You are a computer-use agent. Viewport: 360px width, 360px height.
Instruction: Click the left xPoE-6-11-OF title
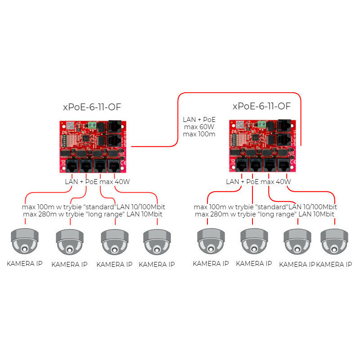(92, 107)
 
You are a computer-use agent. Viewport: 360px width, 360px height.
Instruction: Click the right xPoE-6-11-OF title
(261, 106)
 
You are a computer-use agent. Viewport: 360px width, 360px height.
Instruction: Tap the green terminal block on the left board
(92, 125)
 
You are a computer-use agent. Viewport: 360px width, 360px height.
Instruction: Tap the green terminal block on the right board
(262, 124)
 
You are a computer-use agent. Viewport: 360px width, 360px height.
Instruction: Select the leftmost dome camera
(25, 241)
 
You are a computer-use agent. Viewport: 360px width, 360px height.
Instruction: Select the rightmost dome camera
(334, 241)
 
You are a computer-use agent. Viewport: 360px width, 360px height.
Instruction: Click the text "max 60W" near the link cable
(199, 127)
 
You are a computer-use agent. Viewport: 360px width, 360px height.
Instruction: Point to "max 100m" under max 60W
(199, 134)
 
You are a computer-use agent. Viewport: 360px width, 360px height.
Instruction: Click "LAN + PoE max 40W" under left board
(97, 182)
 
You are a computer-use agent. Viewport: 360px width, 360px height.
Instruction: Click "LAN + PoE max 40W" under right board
(258, 182)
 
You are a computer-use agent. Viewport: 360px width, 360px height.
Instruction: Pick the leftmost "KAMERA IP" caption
(25, 264)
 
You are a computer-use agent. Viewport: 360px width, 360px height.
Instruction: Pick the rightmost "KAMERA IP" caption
(334, 265)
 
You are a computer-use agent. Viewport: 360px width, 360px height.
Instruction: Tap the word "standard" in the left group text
(99, 207)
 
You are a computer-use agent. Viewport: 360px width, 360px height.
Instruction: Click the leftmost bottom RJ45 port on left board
(72, 166)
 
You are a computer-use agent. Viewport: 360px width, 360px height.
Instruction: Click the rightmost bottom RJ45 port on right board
(284, 165)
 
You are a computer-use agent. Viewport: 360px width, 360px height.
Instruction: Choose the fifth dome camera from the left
(211, 241)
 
